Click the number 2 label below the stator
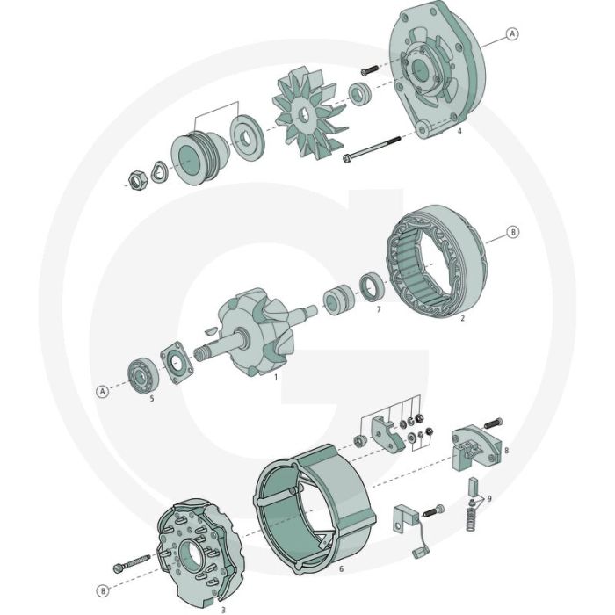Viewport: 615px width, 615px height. point(462,319)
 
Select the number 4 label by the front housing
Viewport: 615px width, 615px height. point(459,132)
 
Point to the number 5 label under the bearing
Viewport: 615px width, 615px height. point(151,398)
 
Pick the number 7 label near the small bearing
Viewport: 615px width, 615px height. point(378,310)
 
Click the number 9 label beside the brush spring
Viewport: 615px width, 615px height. point(489,499)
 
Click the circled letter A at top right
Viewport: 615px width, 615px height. point(513,34)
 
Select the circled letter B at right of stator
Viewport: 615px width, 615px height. point(514,234)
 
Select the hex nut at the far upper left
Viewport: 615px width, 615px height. point(138,178)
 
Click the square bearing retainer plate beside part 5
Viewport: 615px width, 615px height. point(177,364)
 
